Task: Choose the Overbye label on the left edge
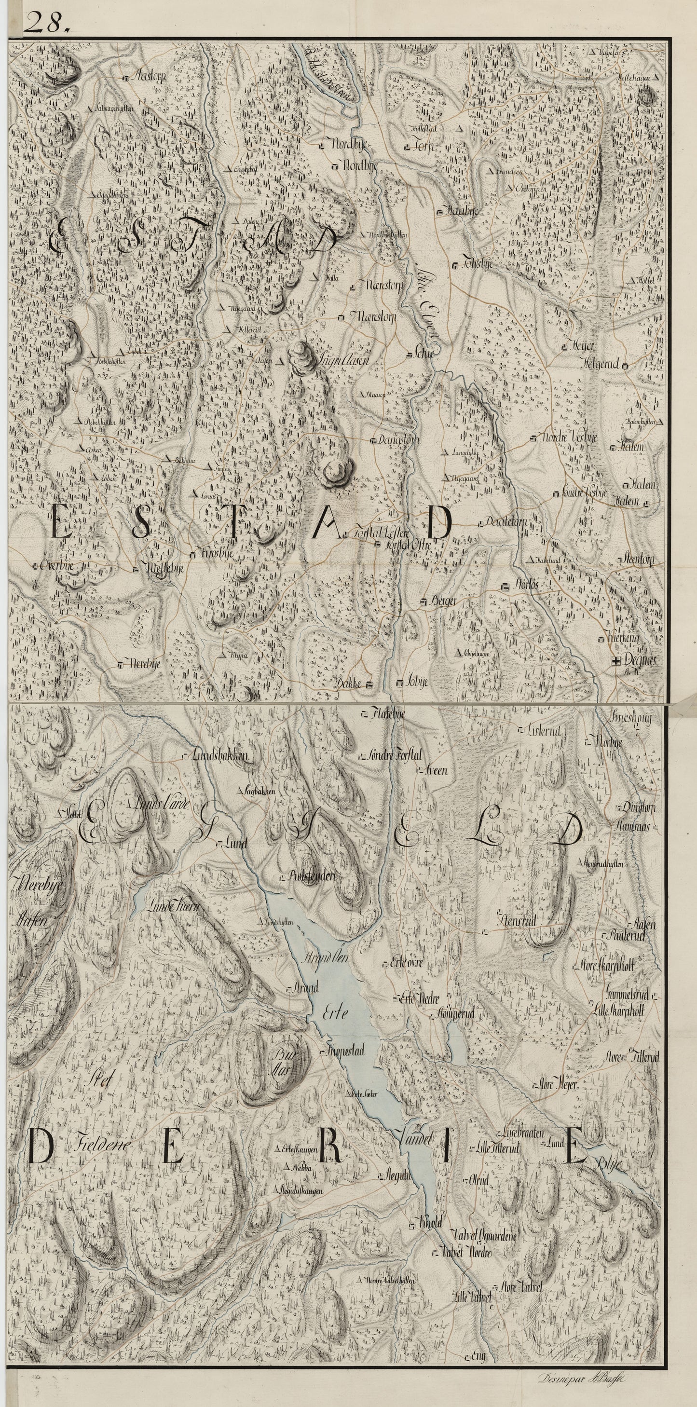[56, 566]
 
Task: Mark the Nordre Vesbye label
[569, 438]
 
